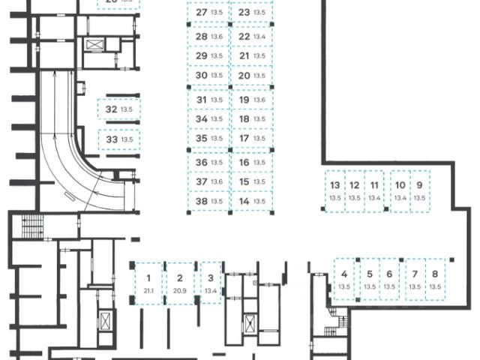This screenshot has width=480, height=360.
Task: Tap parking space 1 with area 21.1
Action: point(148,283)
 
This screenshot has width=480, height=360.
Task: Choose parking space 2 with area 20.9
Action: point(179,283)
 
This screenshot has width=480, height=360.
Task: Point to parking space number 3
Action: point(211,283)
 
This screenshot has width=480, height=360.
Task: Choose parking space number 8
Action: point(436,280)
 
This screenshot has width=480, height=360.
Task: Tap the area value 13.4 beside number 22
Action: point(260,36)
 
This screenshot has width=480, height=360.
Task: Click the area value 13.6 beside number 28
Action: point(217,36)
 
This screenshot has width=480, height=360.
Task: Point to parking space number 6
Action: point(389,280)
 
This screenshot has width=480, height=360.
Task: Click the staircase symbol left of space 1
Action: point(33,224)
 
